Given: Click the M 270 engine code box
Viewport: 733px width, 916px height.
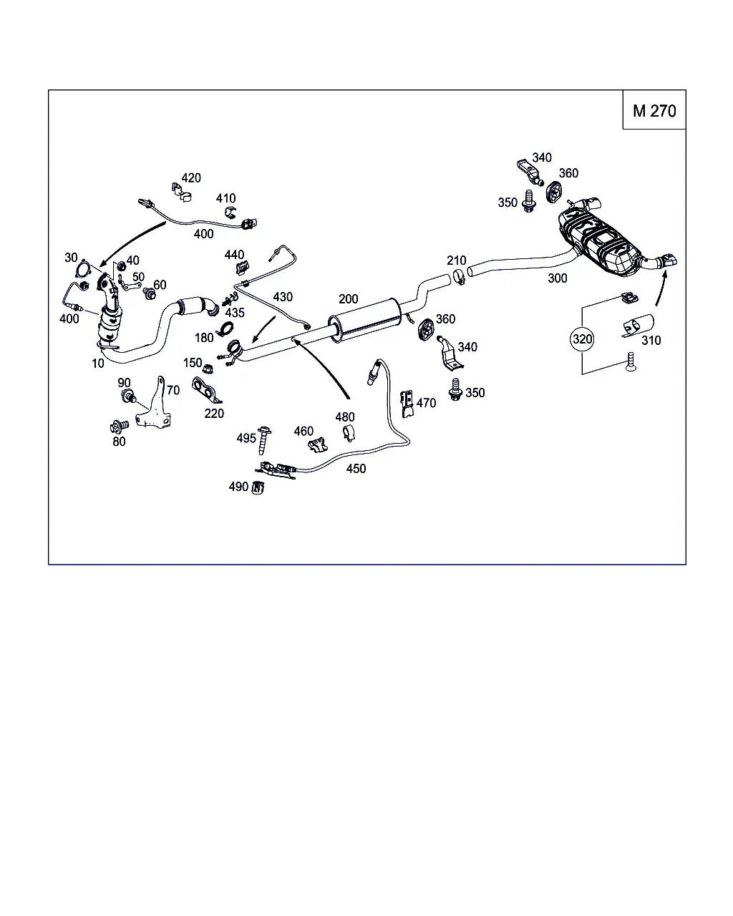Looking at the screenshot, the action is coord(654,109).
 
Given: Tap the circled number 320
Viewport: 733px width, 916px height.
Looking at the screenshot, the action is coord(582,338).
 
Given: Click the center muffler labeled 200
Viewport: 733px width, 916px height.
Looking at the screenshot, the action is coord(364,320).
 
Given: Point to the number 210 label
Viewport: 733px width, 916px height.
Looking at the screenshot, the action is coord(456,260).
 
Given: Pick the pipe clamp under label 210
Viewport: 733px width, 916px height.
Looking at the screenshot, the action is coord(459,277).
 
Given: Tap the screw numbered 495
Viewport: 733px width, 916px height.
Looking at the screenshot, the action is coord(263,440).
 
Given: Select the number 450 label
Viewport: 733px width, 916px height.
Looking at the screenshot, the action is coord(356,468).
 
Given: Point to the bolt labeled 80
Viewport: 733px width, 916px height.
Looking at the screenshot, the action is coord(119,426).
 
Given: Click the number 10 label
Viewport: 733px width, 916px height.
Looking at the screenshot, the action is coord(97,363).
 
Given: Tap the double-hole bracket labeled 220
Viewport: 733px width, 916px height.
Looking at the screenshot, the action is coord(206,390).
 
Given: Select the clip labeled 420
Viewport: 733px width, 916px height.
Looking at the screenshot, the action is coord(181,192).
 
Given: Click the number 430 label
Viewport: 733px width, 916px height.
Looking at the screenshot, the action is coord(283,297).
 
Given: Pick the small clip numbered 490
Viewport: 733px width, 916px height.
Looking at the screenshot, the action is coord(258,487).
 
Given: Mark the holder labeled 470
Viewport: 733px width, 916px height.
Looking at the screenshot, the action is coord(407,404).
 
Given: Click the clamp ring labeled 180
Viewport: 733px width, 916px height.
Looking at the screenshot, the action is coord(225,329).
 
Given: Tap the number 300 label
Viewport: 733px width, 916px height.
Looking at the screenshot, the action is coord(557,278).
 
